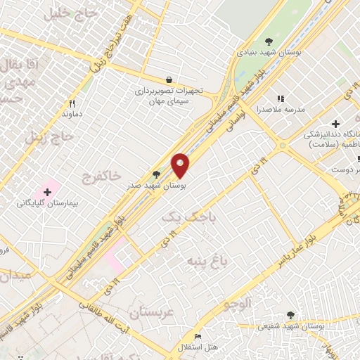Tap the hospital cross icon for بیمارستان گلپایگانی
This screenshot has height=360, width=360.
tap(47, 191)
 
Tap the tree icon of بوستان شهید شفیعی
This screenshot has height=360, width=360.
tap(290, 316)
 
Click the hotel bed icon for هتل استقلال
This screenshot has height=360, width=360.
tap(197, 337)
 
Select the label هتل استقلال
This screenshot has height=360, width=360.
tap(197, 347)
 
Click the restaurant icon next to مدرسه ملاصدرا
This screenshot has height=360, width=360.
tap(281, 99)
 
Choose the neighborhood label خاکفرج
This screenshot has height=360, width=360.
tap(101, 173)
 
